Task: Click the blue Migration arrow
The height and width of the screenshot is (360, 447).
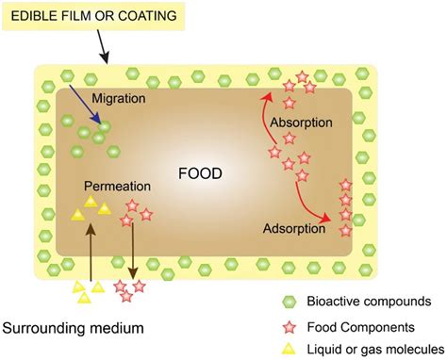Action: click(84, 106)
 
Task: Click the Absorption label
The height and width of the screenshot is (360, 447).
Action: click(301, 122)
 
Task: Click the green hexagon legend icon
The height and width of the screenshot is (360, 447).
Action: click(288, 302)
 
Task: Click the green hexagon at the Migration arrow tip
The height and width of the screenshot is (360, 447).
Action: click(105, 125)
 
